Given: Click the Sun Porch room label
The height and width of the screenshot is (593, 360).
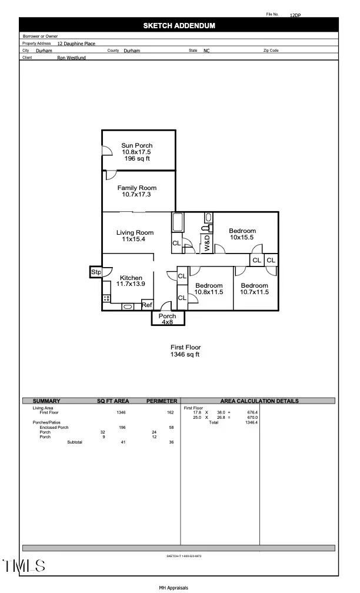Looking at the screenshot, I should point(137,145).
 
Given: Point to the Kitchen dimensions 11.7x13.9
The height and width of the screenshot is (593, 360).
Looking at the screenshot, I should point(131,284).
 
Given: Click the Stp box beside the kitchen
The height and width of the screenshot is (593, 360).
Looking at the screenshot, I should point(96,272).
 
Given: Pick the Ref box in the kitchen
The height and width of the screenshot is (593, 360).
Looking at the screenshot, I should point(147,305).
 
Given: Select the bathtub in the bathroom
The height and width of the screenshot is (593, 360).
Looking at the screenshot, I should point(178,223).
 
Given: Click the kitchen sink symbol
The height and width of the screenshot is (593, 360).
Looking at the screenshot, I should point(128,307).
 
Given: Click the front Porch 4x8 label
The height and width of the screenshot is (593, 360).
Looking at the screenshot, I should point(167,319).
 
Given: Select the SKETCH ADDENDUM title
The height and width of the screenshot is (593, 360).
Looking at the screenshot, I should point(179,25).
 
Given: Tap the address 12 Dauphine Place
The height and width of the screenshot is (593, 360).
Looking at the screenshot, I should point(76,44).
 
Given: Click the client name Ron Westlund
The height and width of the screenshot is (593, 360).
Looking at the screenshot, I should point(71,58).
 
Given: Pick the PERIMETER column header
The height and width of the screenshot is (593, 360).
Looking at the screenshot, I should point(162,401).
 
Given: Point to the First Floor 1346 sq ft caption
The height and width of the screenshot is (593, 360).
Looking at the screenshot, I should point(185,351).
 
